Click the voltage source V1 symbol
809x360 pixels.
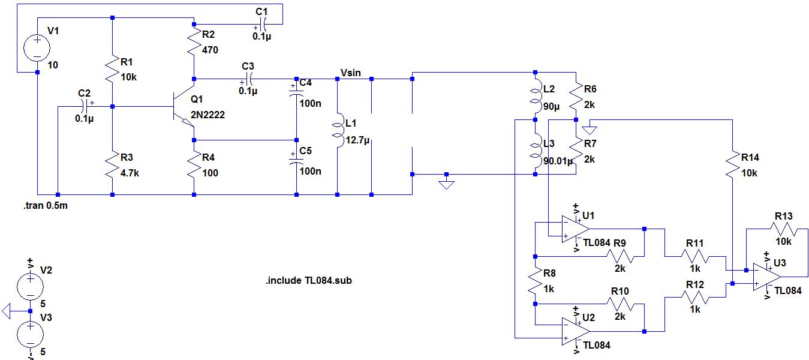click(x=37, y=47)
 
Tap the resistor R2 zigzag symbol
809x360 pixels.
click(x=194, y=42)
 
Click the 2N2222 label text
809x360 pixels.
click(x=208, y=115)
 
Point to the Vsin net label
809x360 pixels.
click(x=351, y=73)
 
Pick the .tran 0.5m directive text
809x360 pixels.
click(x=47, y=206)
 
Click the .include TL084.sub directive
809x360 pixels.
click(x=308, y=280)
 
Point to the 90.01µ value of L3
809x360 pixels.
click(x=557, y=160)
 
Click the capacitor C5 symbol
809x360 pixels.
click(x=296, y=160)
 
